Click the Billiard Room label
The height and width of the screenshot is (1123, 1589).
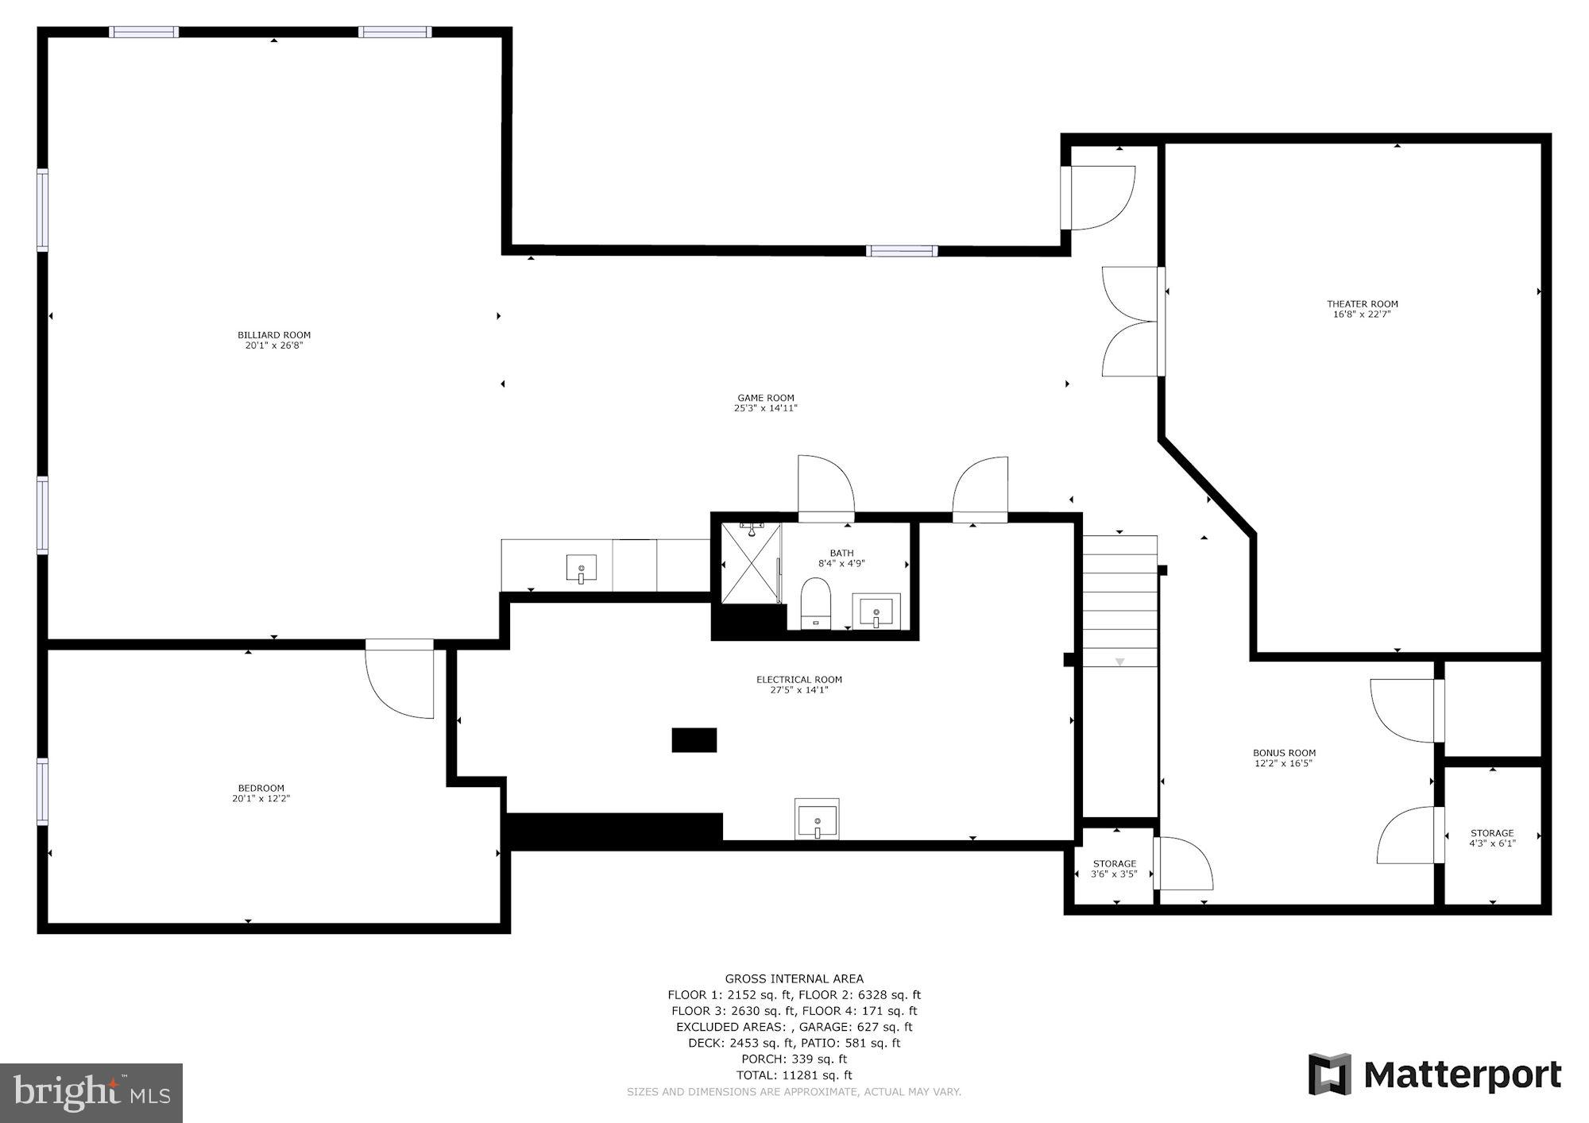[x=274, y=335]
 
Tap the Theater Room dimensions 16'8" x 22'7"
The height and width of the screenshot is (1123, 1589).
[x=1362, y=315]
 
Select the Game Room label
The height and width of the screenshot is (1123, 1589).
[x=765, y=398]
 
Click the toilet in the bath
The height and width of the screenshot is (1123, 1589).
[x=815, y=603]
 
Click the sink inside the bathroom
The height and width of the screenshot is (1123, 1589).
[x=876, y=612]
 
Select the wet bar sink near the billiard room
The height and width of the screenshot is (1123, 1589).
[x=582, y=569]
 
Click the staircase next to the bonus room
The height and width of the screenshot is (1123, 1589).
[x=1120, y=601]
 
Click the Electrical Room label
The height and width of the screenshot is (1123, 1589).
[x=798, y=679]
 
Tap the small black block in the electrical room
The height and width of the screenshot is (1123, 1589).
[x=694, y=739]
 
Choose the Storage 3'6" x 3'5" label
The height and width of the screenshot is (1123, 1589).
[x=1114, y=869]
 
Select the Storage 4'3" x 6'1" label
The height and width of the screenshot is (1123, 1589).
[x=1491, y=839]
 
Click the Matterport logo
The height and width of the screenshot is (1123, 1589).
[x=1435, y=1075]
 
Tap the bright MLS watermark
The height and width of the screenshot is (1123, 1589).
[x=91, y=1093]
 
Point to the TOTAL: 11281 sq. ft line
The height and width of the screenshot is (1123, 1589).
[x=794, y=1075]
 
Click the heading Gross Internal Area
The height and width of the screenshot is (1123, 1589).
[x=794, y=978]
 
